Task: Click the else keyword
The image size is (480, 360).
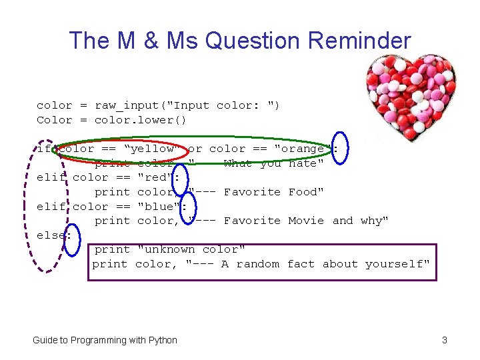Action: click(x=51, y=235)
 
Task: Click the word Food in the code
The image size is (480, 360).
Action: click(x=306, y=192)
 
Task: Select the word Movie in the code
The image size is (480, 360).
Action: click(x=306, y=221)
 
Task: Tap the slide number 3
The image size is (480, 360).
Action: click(x=444, y=340)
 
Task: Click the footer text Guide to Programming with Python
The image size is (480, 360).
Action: click(x=105, y=340)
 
